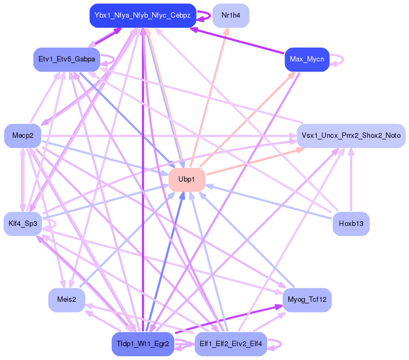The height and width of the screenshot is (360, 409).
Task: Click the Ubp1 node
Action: (x=187, y=179)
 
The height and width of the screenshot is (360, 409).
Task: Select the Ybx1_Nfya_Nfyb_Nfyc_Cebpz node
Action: (x=143, y=15)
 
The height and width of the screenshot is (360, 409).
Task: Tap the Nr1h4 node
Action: (x=231, y=15)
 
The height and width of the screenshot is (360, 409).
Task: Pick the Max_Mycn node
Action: (x=307, y=59)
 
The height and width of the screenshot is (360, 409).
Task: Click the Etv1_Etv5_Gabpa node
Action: (x=66, y=59)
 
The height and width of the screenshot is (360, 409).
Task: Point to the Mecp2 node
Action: (x=23, y=136)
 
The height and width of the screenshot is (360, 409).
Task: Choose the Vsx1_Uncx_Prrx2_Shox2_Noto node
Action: (x=351, y=136)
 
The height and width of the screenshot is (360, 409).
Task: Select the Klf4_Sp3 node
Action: (x=23, y=223)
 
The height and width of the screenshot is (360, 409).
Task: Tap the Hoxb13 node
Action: (x=351, y=223)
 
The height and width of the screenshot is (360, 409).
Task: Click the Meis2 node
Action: (x=66, y=300)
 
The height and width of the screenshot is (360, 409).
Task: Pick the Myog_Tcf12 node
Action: (x=307, y=300)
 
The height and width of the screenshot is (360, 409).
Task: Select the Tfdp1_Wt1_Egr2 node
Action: (x=143, y=343)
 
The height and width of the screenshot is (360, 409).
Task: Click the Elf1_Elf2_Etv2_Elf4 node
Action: (x=231, y=343)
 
